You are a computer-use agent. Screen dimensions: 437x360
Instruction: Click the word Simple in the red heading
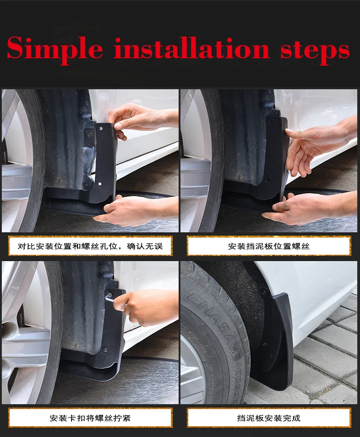pos(55,49)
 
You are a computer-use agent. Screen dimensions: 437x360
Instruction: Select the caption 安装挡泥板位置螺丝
pos(269,246)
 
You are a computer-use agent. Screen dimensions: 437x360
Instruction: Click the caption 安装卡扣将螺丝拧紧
pos(90,417)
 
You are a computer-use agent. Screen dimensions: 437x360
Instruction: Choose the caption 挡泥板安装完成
pos(269,417)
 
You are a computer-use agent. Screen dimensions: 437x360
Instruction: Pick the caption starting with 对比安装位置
pos(90,246)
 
